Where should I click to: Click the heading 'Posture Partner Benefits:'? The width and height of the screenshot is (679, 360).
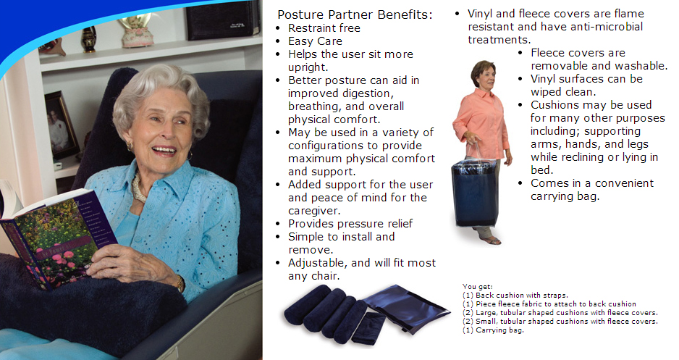point(355,14)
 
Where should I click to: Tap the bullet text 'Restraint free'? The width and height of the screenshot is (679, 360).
point(324,28)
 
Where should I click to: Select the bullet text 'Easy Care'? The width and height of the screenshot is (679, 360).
point(316,41)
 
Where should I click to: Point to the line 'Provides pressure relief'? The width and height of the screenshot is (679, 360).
point(350,224)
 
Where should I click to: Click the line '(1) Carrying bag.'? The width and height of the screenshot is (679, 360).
point(493,330)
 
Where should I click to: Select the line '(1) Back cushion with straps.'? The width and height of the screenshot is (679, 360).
point(515,296)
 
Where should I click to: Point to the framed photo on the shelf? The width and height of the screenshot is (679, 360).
point(62,124)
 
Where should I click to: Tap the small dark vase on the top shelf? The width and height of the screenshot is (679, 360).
point(88,40)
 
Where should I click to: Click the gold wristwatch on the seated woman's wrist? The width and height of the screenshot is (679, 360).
point(180,284)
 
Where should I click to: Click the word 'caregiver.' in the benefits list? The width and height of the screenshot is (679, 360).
point(314,211)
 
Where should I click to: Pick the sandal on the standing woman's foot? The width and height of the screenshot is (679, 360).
point(490,240)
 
